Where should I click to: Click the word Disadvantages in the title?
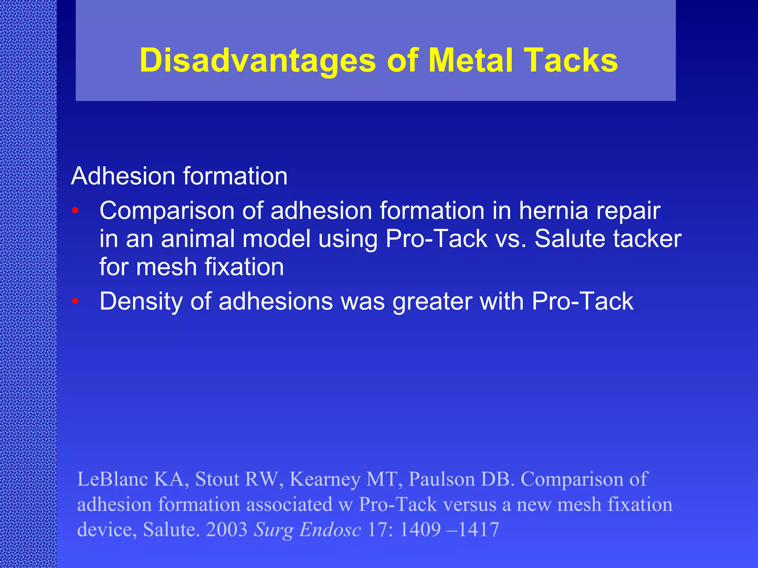coord(258,60)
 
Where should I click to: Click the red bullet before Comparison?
coord(76,211)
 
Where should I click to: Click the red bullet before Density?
coord(76,301)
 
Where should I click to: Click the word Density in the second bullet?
coord(141,301)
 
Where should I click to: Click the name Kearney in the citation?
coord(325,479)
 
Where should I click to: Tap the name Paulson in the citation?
coord(442,479)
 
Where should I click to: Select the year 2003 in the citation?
coord(227,529)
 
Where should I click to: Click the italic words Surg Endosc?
coord(307,529)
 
